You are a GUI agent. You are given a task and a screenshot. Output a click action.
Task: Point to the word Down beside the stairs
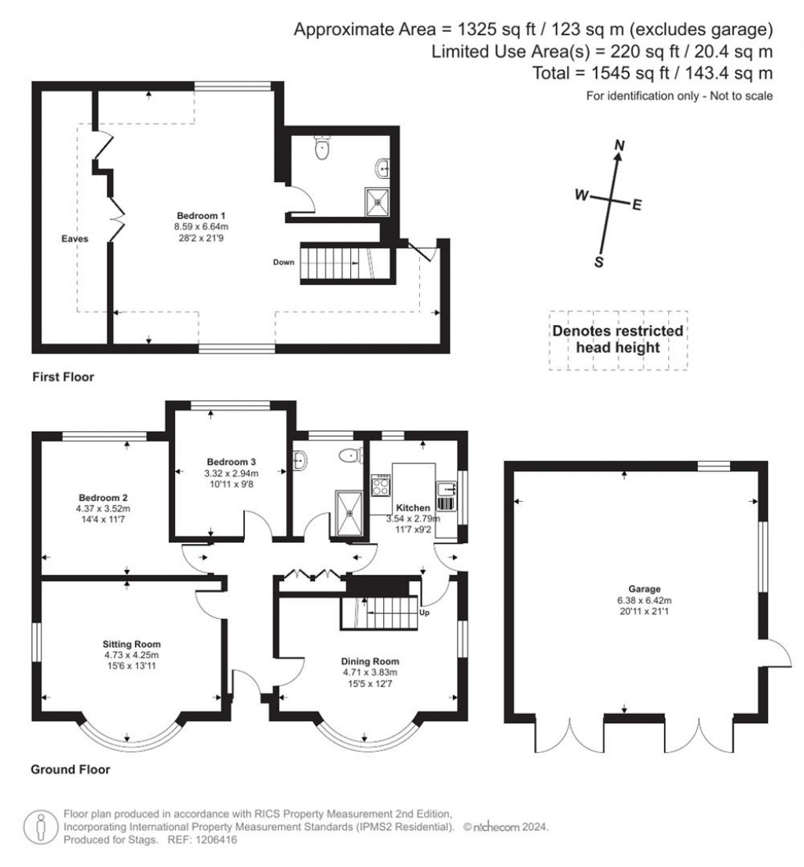click(283, 262)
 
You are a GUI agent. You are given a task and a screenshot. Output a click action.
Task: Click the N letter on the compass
click(619, 145)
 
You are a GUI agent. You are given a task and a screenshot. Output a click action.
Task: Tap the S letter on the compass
click(599, 262)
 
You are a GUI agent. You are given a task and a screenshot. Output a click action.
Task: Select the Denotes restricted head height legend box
click(617, 339)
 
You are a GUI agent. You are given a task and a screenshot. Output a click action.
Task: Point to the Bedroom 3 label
click(231, 462)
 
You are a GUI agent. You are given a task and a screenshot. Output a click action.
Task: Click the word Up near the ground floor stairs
click(425, 612)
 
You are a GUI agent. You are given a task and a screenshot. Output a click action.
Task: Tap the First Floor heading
click(63, 377)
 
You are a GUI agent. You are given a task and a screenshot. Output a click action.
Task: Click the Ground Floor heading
click(70, 770)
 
